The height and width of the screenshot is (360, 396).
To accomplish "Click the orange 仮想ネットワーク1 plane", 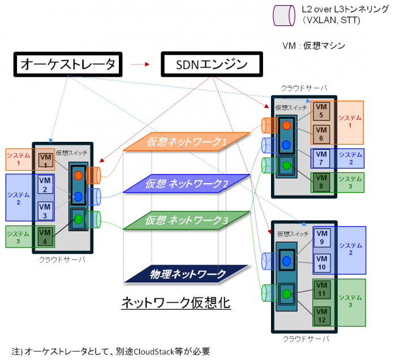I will tap(187, 143).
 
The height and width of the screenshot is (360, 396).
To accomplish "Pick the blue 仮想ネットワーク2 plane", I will tap(187, 183).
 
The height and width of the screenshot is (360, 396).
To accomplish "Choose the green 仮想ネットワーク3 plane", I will tap(187, 220).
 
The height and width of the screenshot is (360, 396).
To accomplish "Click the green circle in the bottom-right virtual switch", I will tap(287, 294).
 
